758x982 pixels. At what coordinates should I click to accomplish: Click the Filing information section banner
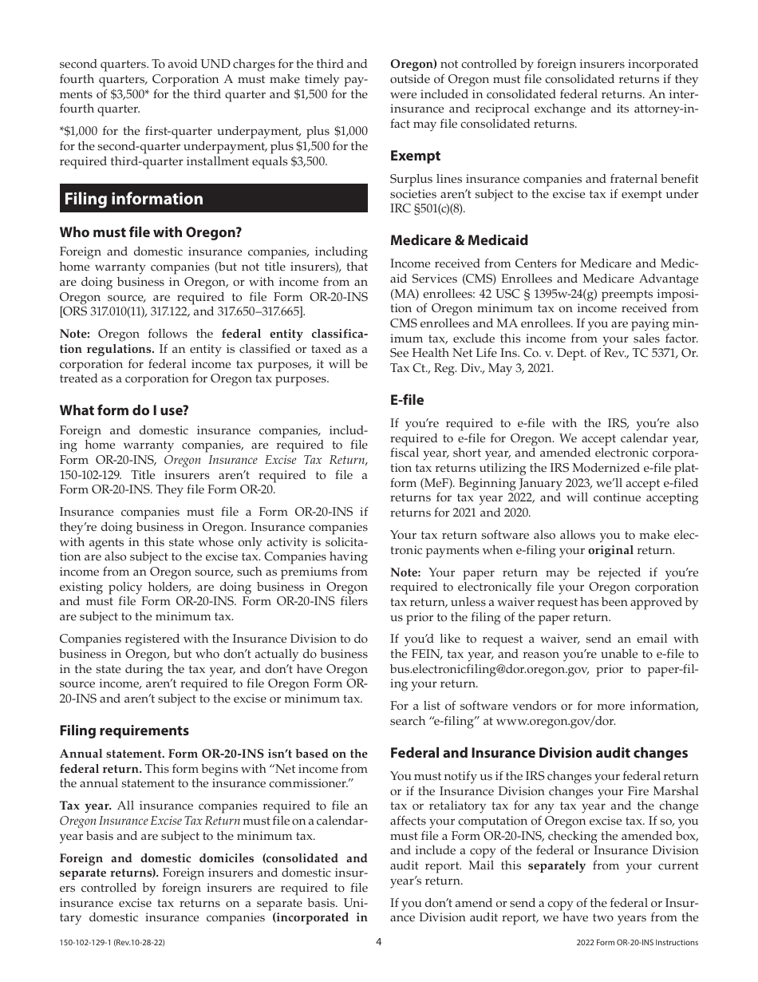[214, 199]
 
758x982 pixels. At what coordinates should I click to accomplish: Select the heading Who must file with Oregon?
[150, 232]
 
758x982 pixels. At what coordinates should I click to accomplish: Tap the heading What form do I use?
[124, 410]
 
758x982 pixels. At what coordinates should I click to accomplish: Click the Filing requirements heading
[124, 731]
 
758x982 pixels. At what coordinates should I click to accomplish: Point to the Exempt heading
[415, 156]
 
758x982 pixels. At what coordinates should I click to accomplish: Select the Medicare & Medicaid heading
[459, 240]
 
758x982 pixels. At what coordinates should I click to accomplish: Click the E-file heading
[407, 400]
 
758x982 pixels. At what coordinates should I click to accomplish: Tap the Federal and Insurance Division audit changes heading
[539, 753]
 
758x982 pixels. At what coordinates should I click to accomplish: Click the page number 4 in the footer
[379, 942]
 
